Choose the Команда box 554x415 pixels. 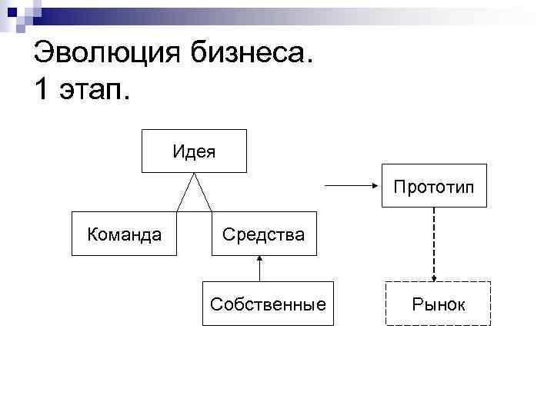(x=125, y=233)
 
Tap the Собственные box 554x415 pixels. (x=268, y=304)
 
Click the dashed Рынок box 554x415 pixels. (x=437, y=304)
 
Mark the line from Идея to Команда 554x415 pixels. (x=185, y=192)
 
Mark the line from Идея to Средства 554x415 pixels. (x=203, y=192)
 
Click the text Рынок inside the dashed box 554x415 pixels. (x=437, y=304)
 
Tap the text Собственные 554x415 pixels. (x=268, y=304)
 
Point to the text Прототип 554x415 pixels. (x=435, y=187)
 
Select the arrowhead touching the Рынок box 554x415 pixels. (x=434, y=278)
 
